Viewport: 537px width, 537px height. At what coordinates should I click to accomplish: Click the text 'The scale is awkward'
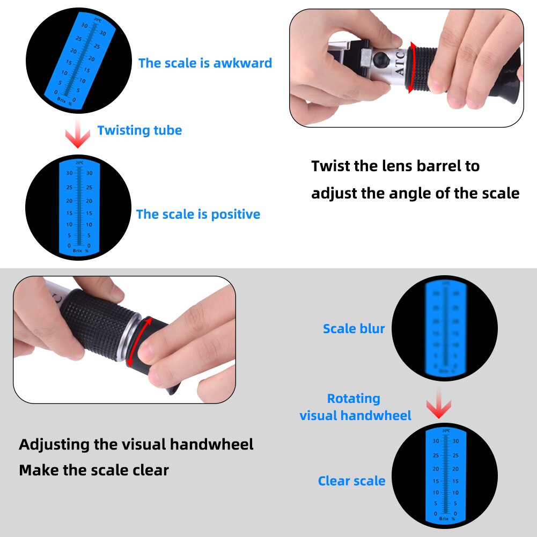(205, 63)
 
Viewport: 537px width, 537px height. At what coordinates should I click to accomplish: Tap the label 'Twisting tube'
(139, 130)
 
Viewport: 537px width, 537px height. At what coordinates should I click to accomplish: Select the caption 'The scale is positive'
(198, 215)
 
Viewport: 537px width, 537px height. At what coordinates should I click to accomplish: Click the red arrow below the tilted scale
(79, 135)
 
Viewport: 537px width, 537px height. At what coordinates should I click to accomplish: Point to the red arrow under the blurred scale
(438, 406)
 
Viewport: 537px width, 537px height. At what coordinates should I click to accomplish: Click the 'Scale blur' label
(354, 329)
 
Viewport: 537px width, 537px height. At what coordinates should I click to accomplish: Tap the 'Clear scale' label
(351, 481)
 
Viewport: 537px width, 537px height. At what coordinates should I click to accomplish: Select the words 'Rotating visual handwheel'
(355, 407)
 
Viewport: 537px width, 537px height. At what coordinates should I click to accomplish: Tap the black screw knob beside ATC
(382, 58)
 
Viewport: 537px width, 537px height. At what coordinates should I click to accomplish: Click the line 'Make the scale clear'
(94, 470)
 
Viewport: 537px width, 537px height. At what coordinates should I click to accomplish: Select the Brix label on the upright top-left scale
(77, 250)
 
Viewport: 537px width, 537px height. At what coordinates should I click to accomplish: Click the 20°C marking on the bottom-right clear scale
(445, 430)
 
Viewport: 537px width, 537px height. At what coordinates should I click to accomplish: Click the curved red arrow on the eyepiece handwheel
(138, 341)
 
